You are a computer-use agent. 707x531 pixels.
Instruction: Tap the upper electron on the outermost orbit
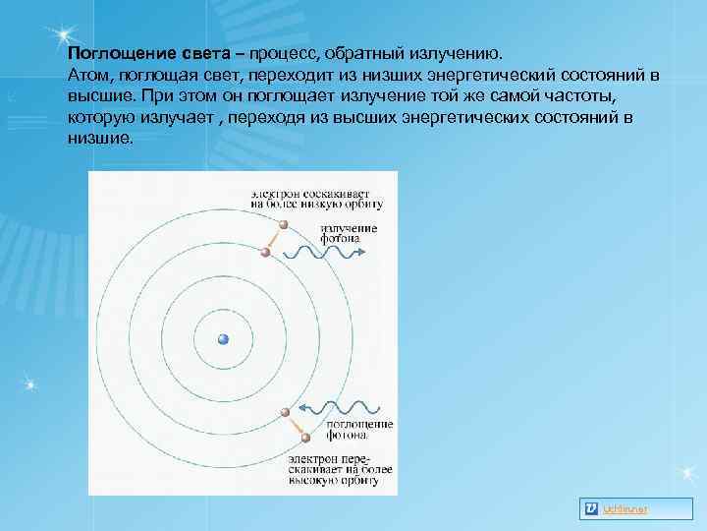pyautogui.click(x=283, y=225)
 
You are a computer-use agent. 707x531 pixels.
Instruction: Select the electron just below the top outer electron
pyautogui.click(x=265, y=254)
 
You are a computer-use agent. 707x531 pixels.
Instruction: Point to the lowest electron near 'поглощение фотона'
pyautogui.click(x=305, y=438)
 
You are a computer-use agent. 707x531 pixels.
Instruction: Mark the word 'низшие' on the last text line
pyautogui.click(x=98, y=139)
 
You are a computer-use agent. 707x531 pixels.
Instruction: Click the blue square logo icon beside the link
pyautogui.click(x=591, y=507)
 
